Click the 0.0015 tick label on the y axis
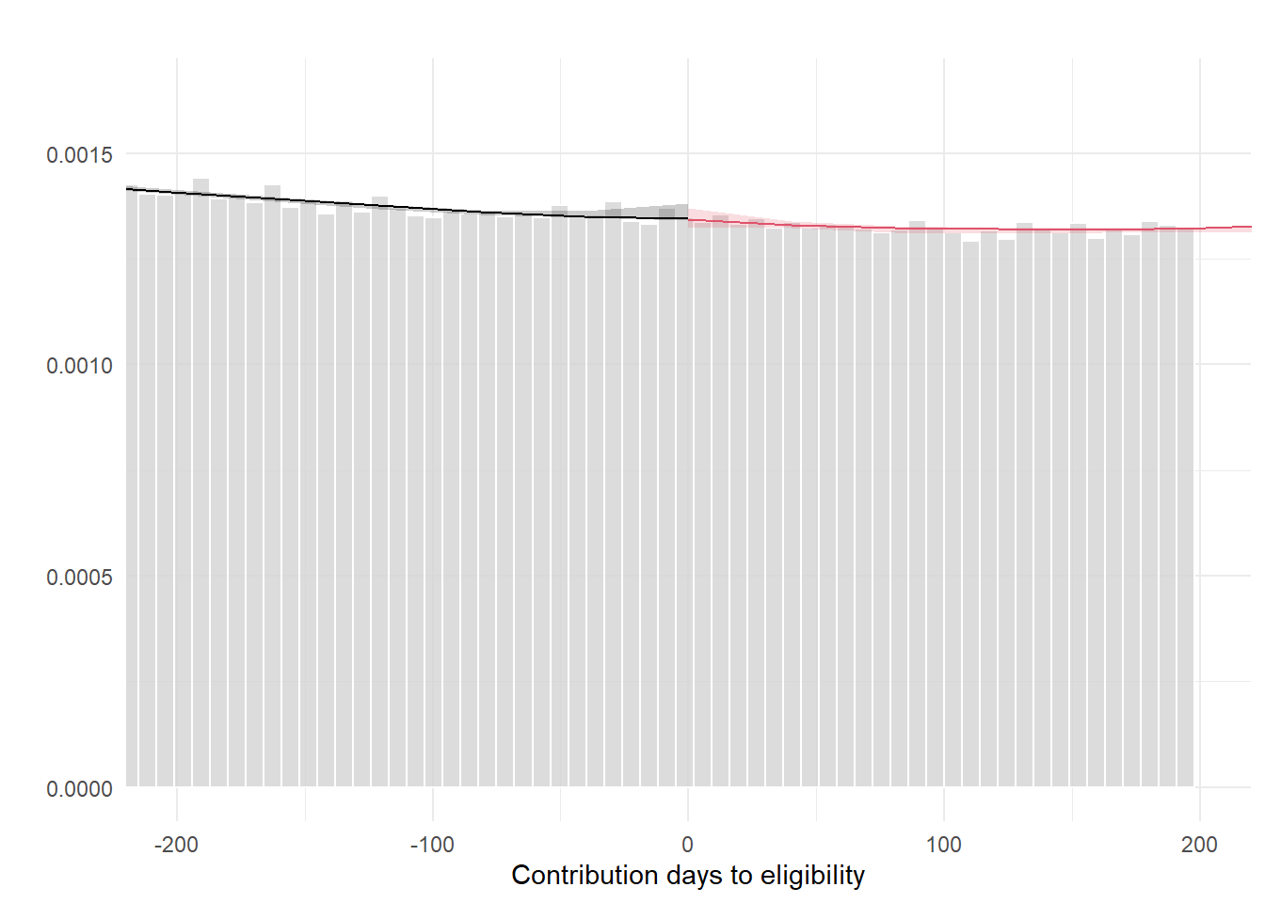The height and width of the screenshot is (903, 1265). pos(79,155)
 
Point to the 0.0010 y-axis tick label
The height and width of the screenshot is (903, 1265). pos(79,366)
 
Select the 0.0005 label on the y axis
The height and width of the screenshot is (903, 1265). pos(79,578)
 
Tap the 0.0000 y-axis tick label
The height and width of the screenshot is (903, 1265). pos(79,788)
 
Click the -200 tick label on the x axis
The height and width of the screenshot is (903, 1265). pos(176,845)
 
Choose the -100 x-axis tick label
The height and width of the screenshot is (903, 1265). pos(432,845)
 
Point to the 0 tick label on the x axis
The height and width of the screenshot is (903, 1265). pos(688,845)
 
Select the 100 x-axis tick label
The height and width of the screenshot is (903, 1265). pos(944,845)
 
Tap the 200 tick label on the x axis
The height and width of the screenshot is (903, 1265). pos(1199,845)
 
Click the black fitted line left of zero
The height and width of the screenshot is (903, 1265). pos(376,206)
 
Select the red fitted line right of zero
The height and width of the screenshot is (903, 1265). pos(941,229)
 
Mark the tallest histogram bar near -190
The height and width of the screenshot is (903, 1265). pos(200,470)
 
